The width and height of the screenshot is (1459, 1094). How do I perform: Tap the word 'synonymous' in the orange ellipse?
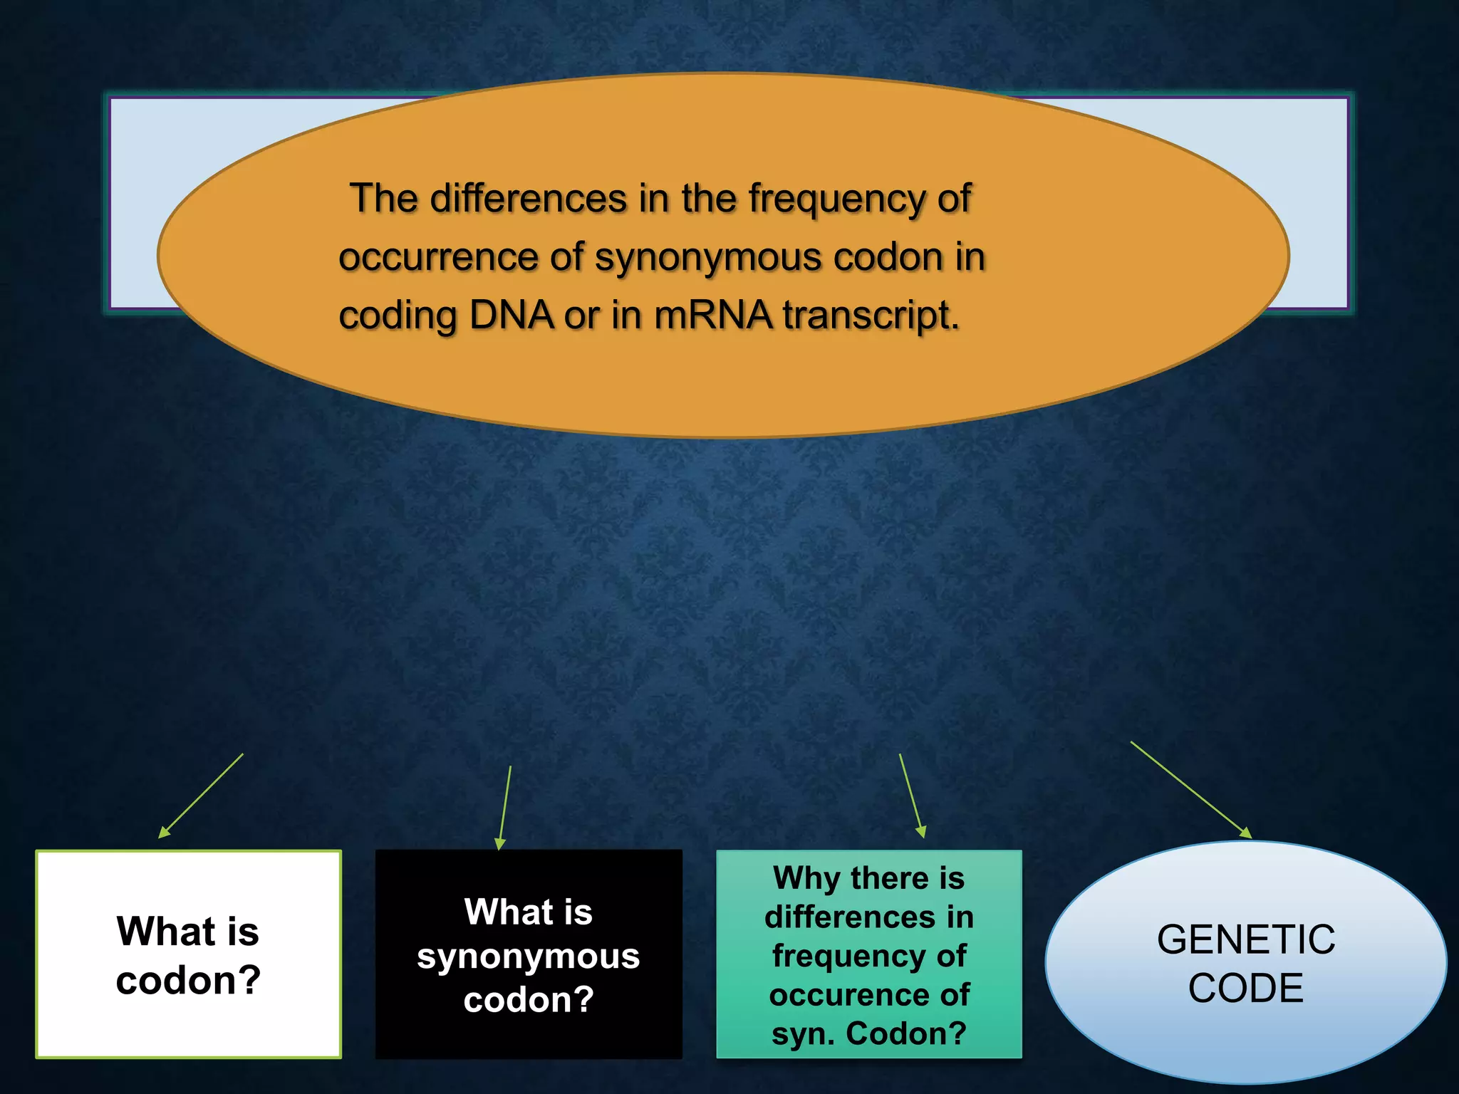click(x=708, y=257)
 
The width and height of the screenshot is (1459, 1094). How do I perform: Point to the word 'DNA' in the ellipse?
click(x=511, y=315)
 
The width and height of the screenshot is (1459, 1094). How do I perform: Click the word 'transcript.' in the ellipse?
click(x=871, y=315)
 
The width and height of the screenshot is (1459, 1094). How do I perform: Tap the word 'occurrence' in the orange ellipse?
click(x=437, y=257)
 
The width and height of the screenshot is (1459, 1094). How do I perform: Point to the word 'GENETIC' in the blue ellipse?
click(x=1245, y=939)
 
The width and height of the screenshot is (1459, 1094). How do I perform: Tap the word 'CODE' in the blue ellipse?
click(x=1245, y=989)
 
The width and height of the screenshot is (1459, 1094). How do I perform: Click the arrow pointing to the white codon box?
click(x=201, y=796)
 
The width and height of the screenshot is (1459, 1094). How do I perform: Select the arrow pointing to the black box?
click(x=505, y=808)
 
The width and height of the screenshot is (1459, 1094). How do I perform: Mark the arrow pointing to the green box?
click(x=912, y=796)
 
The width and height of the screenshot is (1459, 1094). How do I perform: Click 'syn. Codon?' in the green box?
click(x=868, y=1033)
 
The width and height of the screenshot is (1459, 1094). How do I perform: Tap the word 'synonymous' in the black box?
click(x=528, y=956)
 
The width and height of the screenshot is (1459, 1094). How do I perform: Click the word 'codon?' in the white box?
click(x=188, y=981)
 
